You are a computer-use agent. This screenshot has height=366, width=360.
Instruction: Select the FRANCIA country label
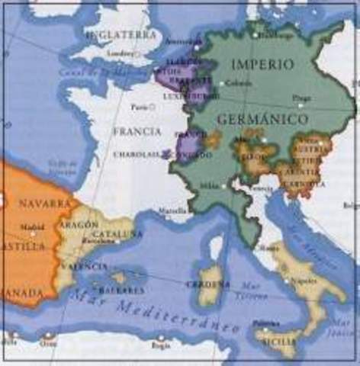click(137, 131)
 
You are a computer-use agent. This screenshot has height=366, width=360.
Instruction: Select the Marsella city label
click(172, 210)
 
